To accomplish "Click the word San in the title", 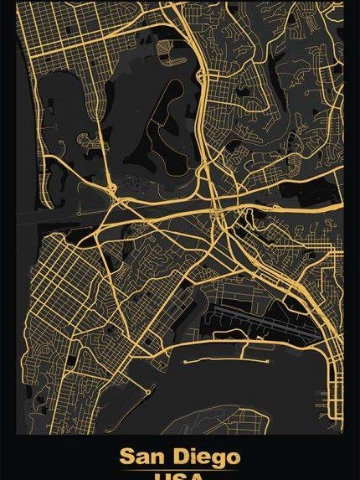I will (x=141, y=457).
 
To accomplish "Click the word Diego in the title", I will (x=206, y=457).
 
